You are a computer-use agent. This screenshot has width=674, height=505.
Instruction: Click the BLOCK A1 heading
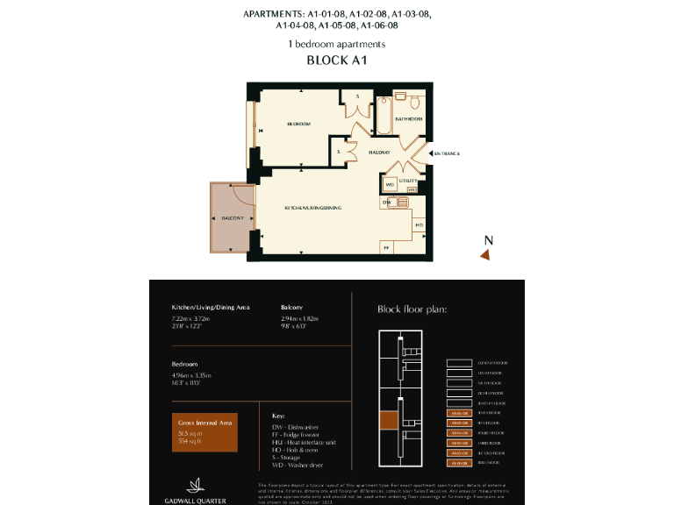tap(336, 60)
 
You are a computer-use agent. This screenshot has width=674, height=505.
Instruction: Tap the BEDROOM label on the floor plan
tap(298, 124)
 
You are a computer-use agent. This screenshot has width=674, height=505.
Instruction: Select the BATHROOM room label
tap(408, 118)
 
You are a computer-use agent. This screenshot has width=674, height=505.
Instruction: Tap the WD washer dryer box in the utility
tap(390, 185)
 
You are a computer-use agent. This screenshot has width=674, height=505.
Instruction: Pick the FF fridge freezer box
tap(386, 248)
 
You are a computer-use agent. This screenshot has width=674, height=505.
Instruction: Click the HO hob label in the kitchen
tap(419, 225)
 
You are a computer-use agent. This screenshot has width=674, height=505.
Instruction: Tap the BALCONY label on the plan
tap(231, 217)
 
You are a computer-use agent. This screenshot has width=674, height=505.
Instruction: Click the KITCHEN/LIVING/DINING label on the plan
tap(312, 207)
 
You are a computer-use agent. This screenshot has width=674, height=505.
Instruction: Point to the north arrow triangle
tap(484, 254)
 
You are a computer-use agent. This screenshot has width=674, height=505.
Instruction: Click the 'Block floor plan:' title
tap(412, 309)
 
